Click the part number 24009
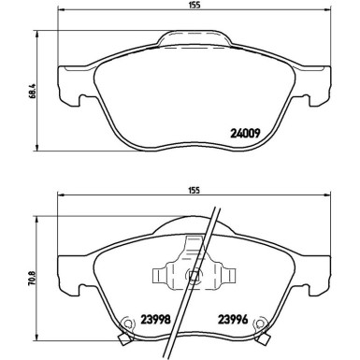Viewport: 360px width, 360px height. coord(245,132)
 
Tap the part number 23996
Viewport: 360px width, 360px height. coord(234,317)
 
